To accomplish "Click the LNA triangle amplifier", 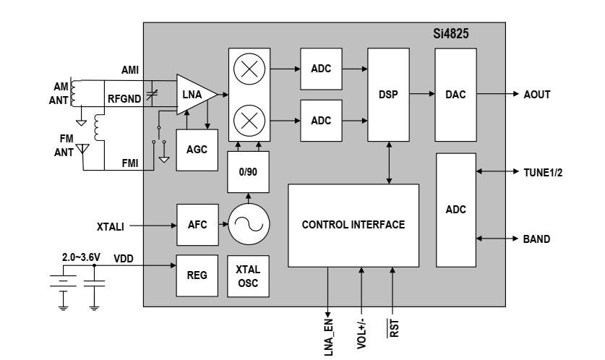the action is coord(195,95).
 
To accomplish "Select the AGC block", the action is coord(197,150).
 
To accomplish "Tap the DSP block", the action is coord(389,95).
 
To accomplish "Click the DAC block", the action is coord(455,95).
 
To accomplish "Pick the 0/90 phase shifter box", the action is coord(248,172).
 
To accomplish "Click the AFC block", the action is coord(197,225).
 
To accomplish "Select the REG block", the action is coord(197,275).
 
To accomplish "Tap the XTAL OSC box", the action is coord(248,276).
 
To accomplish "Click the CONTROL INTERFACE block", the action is coord(353,226).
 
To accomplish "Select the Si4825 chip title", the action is coord(450,33).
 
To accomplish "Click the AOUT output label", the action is coord(537,95).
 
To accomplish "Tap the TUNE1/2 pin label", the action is coord(543,173).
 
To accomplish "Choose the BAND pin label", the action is coord(536,239).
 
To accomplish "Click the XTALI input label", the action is coord(111,226).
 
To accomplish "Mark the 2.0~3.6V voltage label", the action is coord(81,257).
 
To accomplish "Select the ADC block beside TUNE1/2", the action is coord(456,210).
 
